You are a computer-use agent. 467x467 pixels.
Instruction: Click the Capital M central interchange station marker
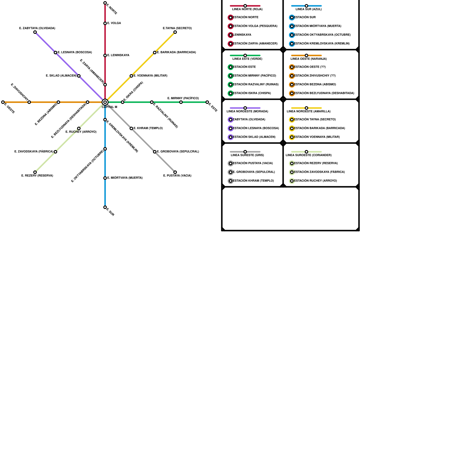[105, 102]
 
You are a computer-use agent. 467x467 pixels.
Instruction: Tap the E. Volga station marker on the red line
[105, 23]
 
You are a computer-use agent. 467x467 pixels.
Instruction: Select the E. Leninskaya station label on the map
[118, 55]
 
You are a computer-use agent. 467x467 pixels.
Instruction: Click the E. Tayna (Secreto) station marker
[175, 32]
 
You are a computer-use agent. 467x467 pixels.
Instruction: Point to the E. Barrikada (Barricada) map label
[176, 53]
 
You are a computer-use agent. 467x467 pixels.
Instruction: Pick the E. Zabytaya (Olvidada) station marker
[35, 32]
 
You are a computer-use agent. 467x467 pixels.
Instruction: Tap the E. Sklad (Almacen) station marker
[79, 76]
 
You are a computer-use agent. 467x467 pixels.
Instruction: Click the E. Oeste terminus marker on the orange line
[3, 102]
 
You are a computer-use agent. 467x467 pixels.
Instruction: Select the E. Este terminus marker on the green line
[207, 102]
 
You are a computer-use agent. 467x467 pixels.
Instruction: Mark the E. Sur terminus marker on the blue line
[105, 207]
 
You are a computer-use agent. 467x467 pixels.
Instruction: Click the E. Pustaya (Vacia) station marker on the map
[175, 172]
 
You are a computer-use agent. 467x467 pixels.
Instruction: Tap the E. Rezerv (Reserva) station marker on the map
[35, 172]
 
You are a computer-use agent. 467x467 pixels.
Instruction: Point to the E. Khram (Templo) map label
[148, 128]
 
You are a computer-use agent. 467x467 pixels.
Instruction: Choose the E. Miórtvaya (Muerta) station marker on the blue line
[105, 178]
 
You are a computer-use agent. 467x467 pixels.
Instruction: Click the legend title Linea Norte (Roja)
[247, 9]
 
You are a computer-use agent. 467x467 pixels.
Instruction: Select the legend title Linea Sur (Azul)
[309, 9]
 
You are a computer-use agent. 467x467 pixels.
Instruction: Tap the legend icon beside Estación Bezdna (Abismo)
[292, 85]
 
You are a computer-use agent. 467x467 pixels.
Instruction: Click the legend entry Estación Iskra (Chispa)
[252, 93]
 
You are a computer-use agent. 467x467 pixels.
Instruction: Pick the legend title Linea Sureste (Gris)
[247, 155]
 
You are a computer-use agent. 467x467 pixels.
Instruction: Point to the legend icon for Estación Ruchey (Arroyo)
[292, 181]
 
